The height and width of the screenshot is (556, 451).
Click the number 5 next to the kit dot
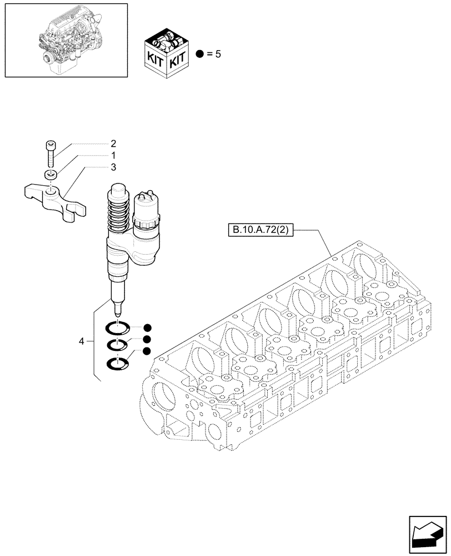click(x=218, y=54)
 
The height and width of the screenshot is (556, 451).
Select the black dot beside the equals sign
click(x=201, y=54)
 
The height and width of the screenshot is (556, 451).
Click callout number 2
click(x=113, y=142)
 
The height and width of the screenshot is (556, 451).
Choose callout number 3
click(x=113, y=166)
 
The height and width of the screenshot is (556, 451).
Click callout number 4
click(x=82, y=341)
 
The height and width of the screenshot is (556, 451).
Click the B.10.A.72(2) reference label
click(x=259, y=229)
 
